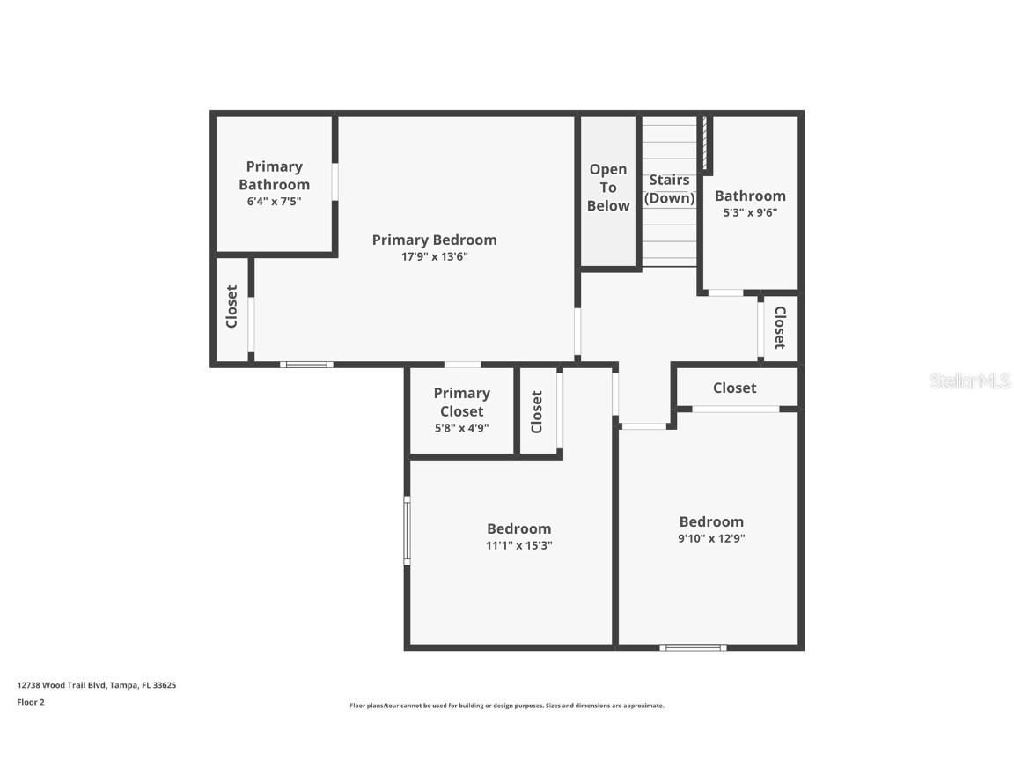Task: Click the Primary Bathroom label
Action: pos(274,175)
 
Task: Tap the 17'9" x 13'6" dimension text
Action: pos(434,257)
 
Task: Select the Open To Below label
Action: pos(608,188)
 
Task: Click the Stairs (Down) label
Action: pos(669,189)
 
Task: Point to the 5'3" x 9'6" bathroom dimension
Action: pos(750,212)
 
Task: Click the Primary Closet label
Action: pos(461,403)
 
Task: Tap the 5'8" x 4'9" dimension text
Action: pos(461,428)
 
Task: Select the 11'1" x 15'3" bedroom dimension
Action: pos(518,545)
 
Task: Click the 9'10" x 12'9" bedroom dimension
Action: pos(711,538)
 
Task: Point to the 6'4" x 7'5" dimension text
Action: pos(274,202)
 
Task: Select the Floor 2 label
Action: pos(31,702)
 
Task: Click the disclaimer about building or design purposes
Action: pos(507,706)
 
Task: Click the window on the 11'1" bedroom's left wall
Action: pos(407,530)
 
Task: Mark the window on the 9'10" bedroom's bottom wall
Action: pos(694,648)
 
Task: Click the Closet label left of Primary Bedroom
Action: pos(232,307)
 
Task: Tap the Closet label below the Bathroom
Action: pos(779,328)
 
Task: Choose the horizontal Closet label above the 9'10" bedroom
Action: pos(734,388)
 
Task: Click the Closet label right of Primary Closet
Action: pos(537,411)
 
